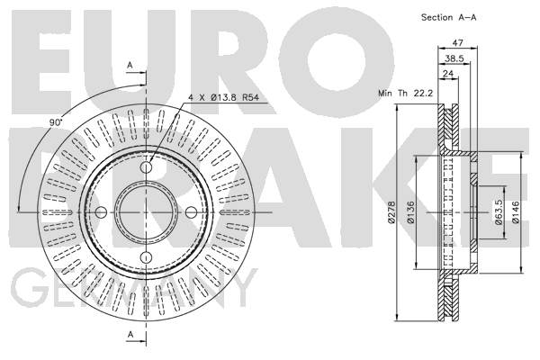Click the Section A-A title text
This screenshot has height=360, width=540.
[449, 18]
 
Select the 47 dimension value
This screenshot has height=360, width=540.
[457, 42]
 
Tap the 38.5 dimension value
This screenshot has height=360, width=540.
[454, 58]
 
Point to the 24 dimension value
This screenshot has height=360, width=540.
[448, 74]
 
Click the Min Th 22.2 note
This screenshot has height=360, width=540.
[405, 93]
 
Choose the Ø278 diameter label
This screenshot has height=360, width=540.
[391, 212]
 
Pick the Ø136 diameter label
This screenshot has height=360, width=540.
[410, 212]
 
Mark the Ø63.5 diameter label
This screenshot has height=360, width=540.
[499, 212]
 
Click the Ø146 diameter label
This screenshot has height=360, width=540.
[516, 212]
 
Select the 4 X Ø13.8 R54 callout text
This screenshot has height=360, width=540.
[223, 97]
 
